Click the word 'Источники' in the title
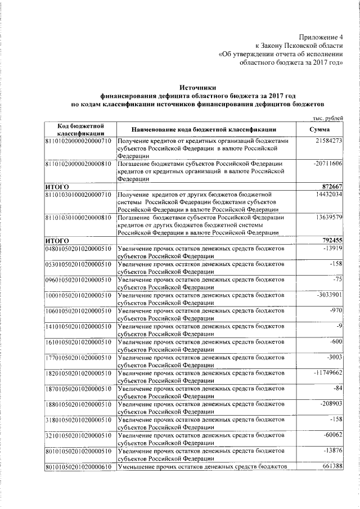pos(197,88)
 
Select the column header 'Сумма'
pos(319,129)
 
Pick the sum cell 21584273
pos(329,139)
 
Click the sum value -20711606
pos(327,163)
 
